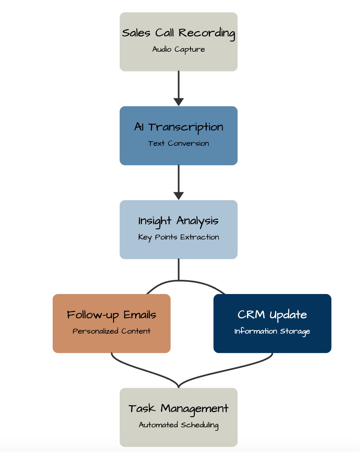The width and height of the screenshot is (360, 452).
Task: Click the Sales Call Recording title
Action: point(179,33)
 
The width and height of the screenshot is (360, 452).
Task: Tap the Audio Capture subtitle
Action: point(179,49)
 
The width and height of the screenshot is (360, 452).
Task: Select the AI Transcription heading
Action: point(179,127)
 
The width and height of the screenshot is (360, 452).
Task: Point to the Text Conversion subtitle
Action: point(179,143)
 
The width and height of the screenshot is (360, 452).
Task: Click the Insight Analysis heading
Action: point(179,221)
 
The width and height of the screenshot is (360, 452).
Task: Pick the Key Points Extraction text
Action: point(179,237)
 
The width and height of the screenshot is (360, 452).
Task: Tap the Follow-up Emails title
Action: point(111,315)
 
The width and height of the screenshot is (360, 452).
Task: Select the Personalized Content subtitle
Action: point(111,331)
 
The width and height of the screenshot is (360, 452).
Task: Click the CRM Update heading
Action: point(272,315)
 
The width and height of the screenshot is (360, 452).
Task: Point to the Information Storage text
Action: point(272,331)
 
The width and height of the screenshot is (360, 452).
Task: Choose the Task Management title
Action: point(179,409)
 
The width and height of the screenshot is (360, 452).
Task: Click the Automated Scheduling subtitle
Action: point(179,425)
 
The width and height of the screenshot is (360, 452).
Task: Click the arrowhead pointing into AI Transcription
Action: point(179,102)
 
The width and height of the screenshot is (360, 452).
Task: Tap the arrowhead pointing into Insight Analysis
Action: point(179,196)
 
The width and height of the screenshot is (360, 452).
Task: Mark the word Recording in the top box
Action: point(207,33)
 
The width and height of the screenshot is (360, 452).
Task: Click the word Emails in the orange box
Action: point(140,315)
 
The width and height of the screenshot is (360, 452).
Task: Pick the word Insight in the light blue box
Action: point(155,221)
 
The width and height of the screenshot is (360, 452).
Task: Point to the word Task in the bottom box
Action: point(142,409)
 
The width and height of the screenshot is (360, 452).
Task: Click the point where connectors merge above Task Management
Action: point(179,386)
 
